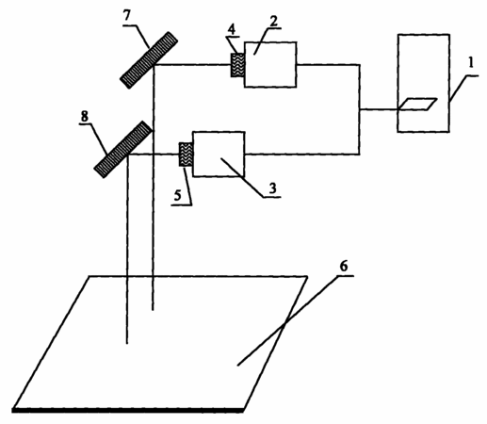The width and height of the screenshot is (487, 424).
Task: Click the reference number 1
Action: click(470, 64)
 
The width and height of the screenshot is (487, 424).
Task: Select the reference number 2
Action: click(273, 22)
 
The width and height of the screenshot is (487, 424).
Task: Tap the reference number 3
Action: click(272, 188)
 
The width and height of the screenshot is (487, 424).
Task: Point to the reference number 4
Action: click(232, 29)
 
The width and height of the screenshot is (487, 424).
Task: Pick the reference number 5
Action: click(178, 196)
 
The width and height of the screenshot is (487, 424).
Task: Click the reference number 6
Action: click(344, 267)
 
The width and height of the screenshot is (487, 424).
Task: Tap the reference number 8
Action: click(85, 117)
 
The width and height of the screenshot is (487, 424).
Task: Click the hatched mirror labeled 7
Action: click(149, 60)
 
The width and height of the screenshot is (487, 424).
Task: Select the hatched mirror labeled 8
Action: click(123, 150)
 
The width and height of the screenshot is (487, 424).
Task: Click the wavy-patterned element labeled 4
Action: click(237, 65)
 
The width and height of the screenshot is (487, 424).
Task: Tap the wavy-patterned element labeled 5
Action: click(186, 155)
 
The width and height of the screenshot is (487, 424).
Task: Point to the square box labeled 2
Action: click(270, 64)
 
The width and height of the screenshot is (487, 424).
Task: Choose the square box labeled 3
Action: click(219, 155)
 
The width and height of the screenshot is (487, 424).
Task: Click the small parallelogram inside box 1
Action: click(417, 105)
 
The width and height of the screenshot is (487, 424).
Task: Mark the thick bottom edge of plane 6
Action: click(128, 410)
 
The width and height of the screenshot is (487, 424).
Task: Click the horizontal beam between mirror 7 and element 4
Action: click(192, 65)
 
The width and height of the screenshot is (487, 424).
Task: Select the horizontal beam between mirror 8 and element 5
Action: click(154, 155)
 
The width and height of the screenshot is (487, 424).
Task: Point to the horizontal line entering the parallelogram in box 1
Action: click(379, 109)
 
